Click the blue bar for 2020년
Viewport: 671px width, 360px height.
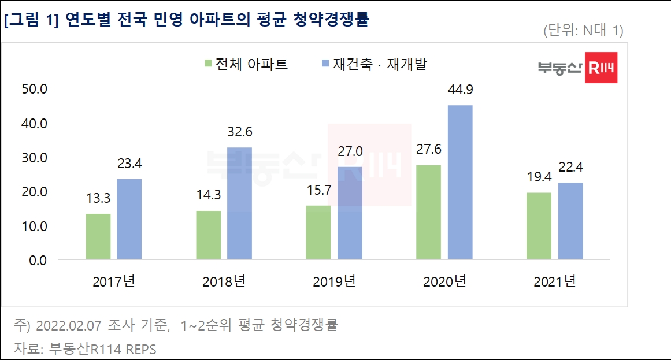[460, 182]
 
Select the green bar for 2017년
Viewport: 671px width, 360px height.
[98, 236]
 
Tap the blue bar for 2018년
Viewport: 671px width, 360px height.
[239, 203]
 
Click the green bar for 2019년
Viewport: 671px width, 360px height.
[318, 232]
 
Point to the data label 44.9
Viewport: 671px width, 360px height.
[460, 90]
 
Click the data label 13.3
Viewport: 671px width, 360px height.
[98, 199]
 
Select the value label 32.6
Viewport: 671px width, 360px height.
[239, 132]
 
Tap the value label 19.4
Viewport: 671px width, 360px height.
[539, 177]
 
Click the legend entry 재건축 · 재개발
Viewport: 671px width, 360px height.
[379, 64]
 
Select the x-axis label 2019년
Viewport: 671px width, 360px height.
[334, 282]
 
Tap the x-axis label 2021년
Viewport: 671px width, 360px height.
[555, 282]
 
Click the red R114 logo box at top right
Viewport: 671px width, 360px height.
[601, 68]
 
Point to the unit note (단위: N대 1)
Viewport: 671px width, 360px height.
[583, 31]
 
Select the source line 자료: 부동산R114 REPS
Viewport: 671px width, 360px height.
[85, 349]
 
